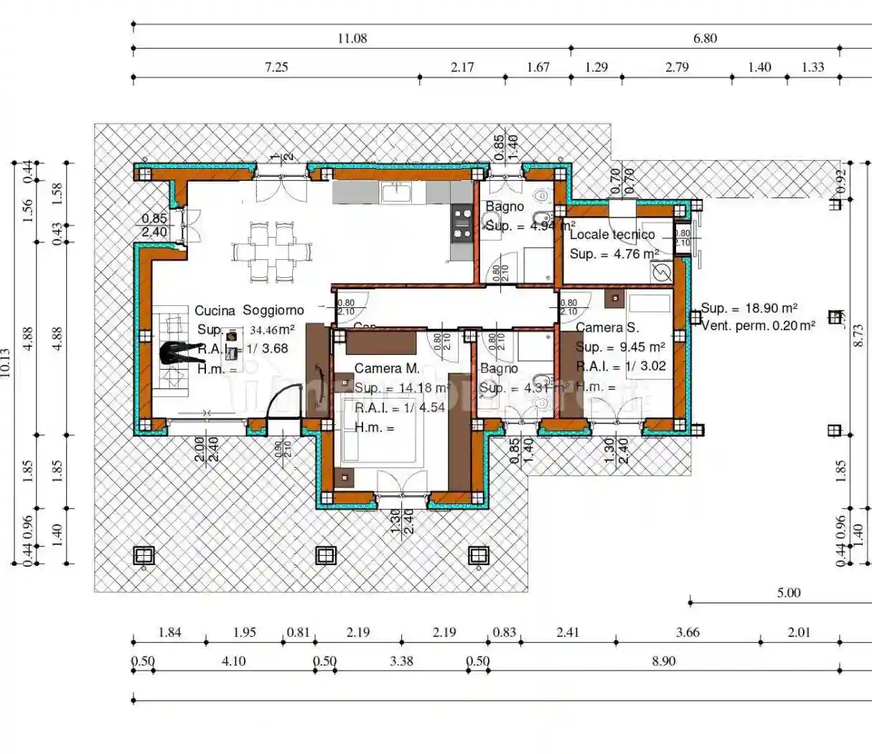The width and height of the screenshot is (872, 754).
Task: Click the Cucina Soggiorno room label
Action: point(249,310)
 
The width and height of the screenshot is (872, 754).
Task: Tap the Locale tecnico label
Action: point(611,234)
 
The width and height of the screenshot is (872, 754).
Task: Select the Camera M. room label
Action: point(387,368)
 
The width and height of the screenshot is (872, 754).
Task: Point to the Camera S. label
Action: point(606,327)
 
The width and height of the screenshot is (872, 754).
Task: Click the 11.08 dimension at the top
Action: point(352,39)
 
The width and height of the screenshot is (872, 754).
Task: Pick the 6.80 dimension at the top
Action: point(704,39)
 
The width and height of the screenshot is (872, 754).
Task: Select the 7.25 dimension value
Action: point(276,68)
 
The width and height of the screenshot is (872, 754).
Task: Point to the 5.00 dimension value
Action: point(788,593)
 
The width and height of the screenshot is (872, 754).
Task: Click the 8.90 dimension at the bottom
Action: point(663,661)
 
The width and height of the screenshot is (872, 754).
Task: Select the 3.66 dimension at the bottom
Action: point(687,633)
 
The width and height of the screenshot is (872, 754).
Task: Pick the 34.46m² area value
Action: point(271,330)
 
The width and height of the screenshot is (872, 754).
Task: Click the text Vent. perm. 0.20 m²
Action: point(758,325)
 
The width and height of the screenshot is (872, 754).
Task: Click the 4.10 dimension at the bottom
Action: point(233,661)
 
